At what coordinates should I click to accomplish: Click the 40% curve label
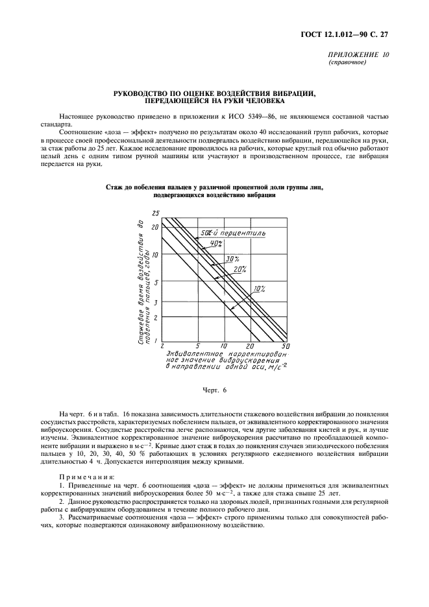click(215, 244)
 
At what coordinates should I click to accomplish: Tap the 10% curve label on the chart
click(260, 288)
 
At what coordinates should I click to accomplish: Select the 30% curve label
click(232, 259)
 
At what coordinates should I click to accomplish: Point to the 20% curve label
click(240, 268)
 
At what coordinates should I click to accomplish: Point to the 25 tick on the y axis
click(155, 213)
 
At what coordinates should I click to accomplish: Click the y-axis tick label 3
click(156, 302)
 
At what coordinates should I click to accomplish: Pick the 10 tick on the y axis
click(155, 255)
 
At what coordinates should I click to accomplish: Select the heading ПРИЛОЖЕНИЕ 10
click(360, 55)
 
